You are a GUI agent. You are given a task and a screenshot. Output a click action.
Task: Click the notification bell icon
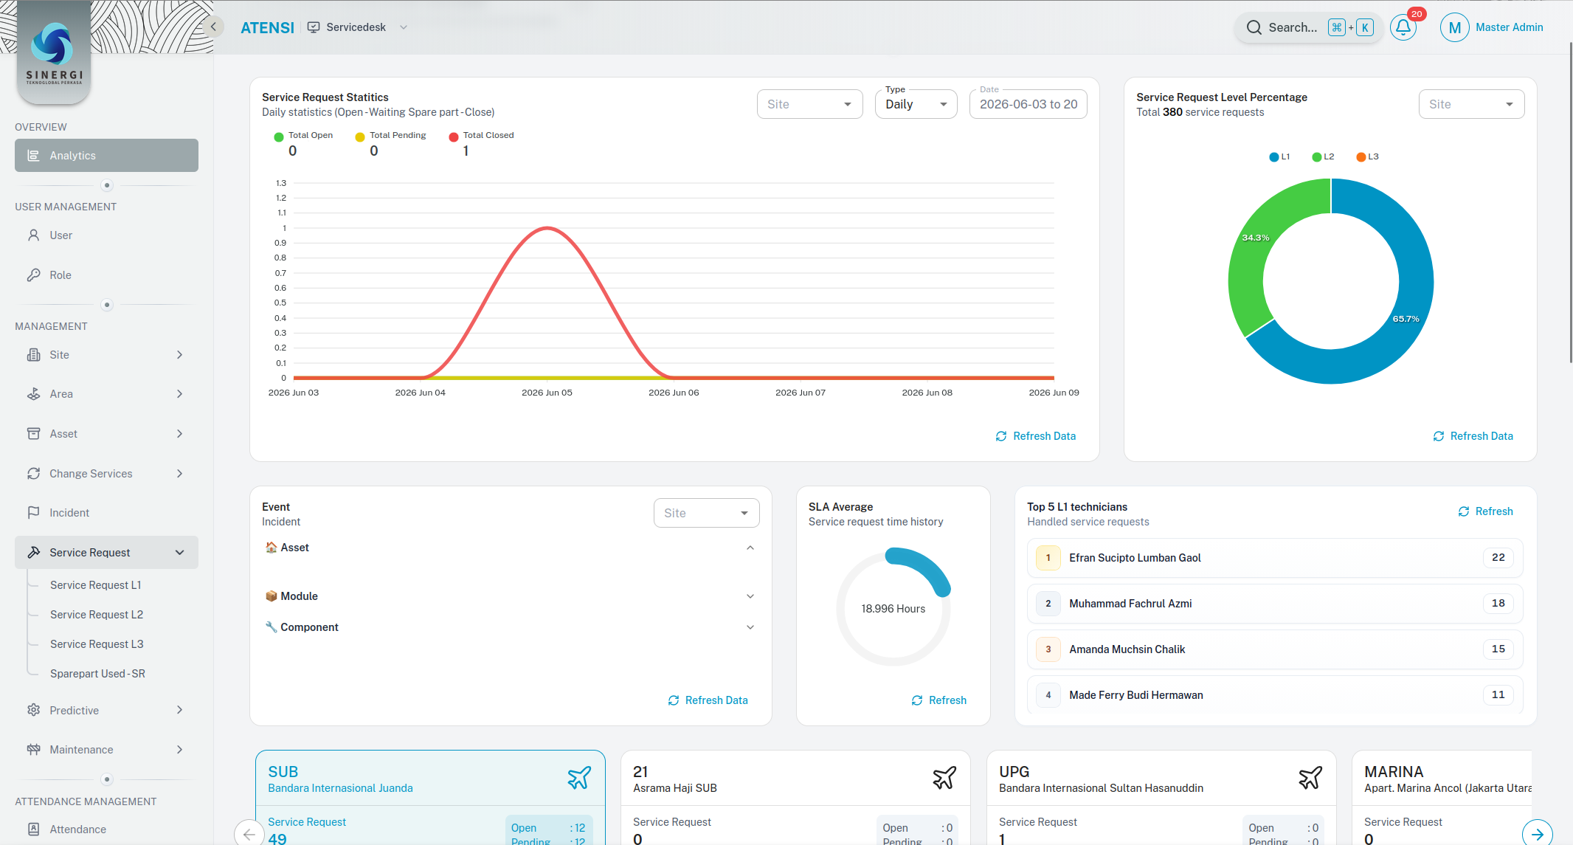(x=1403, y=27)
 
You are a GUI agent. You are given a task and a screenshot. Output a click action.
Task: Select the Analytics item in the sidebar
(x=106, y=155)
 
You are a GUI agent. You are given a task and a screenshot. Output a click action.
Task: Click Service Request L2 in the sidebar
(x=97, y=614)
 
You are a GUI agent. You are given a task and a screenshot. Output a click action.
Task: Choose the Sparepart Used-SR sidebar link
(x=97, y=673)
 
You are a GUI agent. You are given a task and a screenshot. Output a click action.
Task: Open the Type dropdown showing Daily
(x=916, y=104)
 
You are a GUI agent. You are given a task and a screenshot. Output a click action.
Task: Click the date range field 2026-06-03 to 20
(x=1028, y=104)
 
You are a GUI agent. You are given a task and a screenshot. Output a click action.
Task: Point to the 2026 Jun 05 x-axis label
(x=547, y=393)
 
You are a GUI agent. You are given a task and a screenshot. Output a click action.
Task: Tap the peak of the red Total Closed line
(x=547, y=228)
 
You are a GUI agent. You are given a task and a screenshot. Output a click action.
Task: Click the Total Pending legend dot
(x=360, y=137)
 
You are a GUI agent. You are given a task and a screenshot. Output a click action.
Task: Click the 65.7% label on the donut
(x=1406, y=319)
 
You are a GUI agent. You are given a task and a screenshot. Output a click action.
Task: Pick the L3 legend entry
(x=1367, y=156)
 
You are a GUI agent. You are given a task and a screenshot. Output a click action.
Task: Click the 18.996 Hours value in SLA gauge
(x=893, y=609)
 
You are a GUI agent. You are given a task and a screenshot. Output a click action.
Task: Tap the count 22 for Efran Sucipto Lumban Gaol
(x=1498, y=557)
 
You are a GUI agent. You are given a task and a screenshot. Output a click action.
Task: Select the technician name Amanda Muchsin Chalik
(x=1127, y=649)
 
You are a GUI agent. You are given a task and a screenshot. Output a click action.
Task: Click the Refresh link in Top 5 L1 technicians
(x=1485, y=511)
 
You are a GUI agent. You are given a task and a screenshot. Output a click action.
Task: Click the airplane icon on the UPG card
(x=1310, y=778)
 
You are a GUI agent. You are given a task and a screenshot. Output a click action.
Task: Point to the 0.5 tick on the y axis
(x=280, y=303)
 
